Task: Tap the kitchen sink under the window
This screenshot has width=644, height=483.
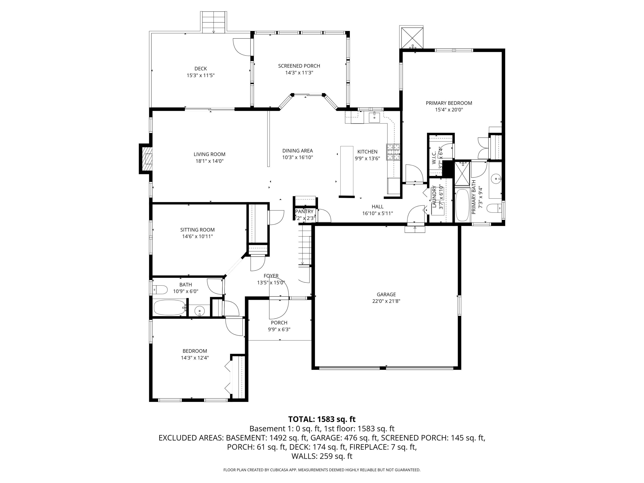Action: pyautogui.click(x=374, y=117)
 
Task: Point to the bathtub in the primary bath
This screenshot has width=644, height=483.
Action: pyautogui.click(x=462, y=205)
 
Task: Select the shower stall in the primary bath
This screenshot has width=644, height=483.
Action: pyautogui.click(x=462, y=173)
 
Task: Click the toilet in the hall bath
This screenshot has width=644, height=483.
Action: pyautogui.click(x=160, y=290)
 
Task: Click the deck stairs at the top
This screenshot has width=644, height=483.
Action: pyautogui.click(x=213, y=22)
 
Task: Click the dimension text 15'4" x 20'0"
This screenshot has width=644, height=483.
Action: pyautogui.click(x=449, y=110)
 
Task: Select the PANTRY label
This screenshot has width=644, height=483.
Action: pyautogui.click(x=304, y=211)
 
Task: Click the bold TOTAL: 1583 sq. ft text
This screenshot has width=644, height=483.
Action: pyautogui.click(x=322, y=419)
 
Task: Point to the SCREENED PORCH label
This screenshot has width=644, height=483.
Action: pyautogui.click(x=299, y=66)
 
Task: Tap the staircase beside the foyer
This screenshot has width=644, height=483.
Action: pyautogui.click(x=305, y=246)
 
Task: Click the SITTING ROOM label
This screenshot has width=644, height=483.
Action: pyautogui.click(x=197, y=230)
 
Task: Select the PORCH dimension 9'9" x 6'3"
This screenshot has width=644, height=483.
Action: pyautogui.click(x=279, y=330)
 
